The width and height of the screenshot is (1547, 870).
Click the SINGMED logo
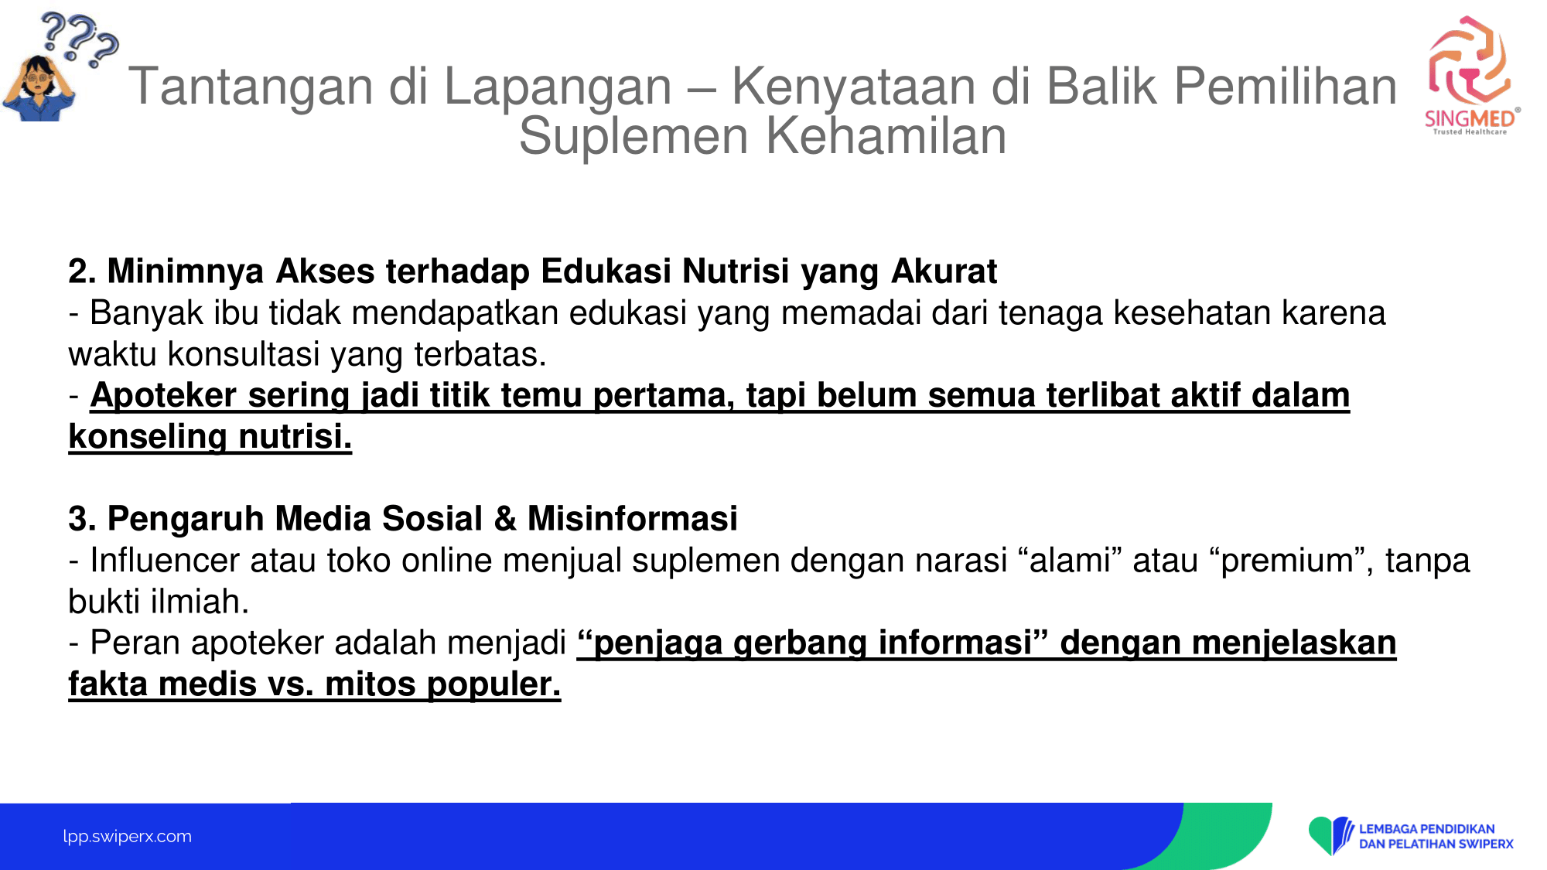[x=1471, y=76]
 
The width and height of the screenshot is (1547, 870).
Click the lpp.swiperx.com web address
[x=128, y=836]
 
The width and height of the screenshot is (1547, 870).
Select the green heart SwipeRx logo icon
[x=1330, y=835]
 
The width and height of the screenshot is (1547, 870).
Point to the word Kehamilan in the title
[x=886, y=136]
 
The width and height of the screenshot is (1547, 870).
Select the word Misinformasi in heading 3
[x=633, y=519]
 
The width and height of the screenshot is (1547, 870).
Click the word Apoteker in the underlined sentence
[x=163, y=395]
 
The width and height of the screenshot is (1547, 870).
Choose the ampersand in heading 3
[x=505, y=519]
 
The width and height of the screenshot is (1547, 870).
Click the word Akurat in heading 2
[x=944, y=271]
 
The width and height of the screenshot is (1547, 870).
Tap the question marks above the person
[x=79, y=39]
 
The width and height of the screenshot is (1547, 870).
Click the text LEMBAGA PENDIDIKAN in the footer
[x=1427, y=829]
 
